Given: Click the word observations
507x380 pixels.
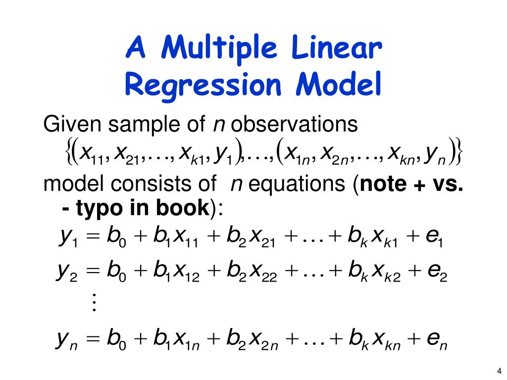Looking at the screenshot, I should click(x=294, y=124).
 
